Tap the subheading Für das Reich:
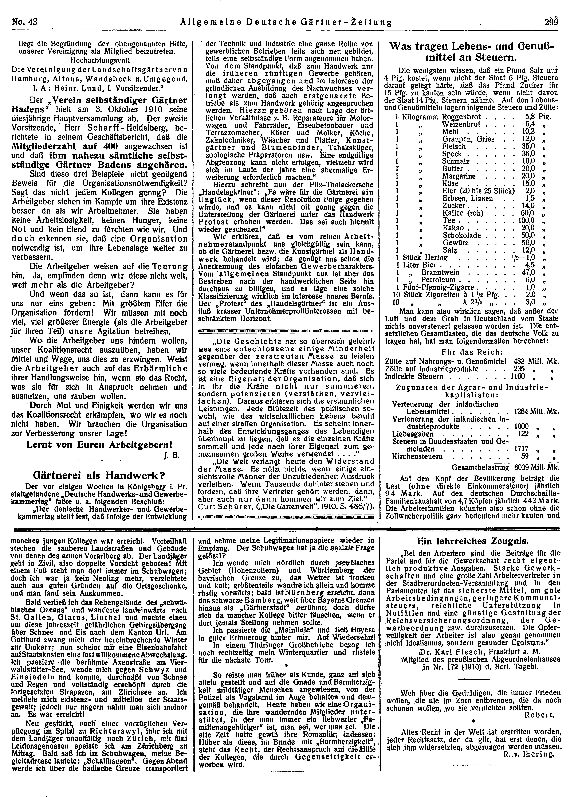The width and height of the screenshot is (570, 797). click(472, 352)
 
